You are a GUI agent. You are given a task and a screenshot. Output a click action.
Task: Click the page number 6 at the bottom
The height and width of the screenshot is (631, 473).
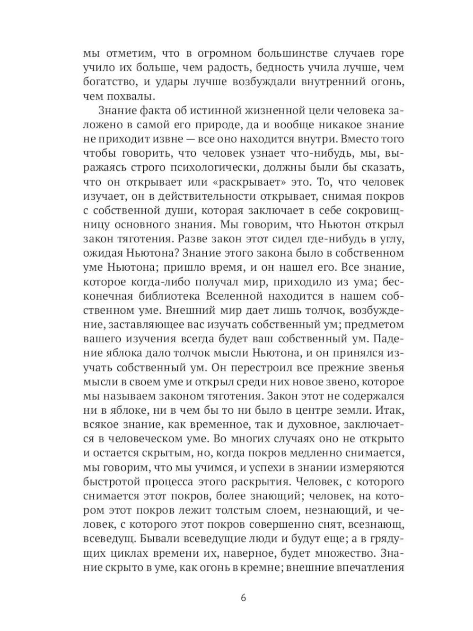(x=243, y=597)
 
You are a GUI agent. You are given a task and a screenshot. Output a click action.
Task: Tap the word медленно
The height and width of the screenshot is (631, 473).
(x=298, y=453)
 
